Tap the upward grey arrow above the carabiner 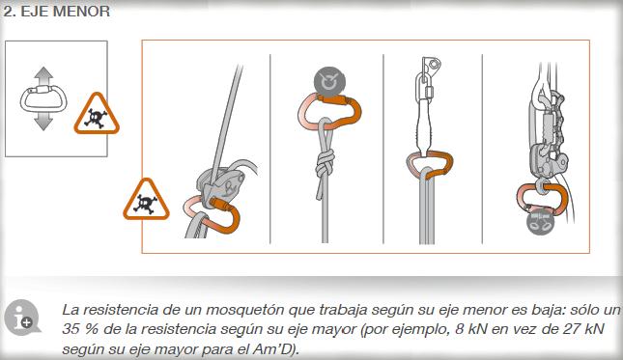coord(43,75)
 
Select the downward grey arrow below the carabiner coord(43,121)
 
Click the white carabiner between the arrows coord(43,98)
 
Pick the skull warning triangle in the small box coord(97,114)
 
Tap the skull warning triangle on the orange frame coord(146,200)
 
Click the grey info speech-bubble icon coord(22,318)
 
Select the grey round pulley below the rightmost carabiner coord(542,222)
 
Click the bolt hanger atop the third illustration coord(432,64)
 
